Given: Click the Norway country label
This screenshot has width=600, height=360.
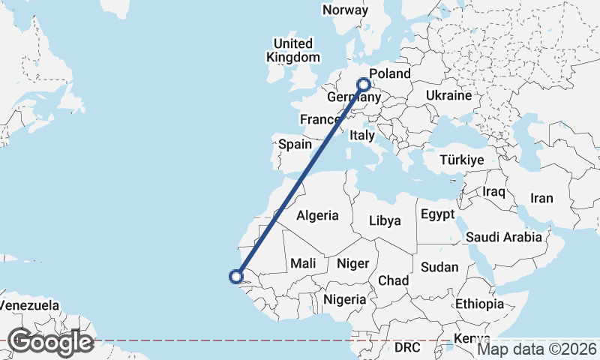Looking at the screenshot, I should (x=345, y=10).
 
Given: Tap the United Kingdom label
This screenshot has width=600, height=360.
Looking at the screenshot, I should (x=292, y=49).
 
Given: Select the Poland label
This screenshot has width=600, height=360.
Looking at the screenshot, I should (x=390, y=73).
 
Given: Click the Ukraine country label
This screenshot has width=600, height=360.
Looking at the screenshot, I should (x=448, y=96).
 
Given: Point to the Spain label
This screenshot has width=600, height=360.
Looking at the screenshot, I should (x=294, y=144).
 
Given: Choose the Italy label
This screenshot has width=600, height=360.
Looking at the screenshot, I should (x=362, y=136).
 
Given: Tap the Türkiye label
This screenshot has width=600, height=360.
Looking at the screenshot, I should (x=462, y=160).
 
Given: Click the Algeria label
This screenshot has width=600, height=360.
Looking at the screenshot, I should (x=317, y=216).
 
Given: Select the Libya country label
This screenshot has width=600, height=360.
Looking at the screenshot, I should (x=385, y=221).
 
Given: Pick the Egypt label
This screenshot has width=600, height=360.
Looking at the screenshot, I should (x=437, y=214).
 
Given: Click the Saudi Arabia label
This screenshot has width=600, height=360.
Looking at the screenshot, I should (x=503, y=238).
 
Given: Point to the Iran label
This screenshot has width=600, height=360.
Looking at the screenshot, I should (x=541, y=199).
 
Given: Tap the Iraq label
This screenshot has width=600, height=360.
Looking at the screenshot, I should (x=495, y=192).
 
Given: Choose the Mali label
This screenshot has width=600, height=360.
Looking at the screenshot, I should (x=303, y=263).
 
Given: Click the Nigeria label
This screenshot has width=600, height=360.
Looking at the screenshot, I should (x=346, y=299).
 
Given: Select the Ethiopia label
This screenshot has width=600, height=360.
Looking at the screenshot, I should (x=479, y=304).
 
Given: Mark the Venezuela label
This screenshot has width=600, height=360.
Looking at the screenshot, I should (x=29, y=306).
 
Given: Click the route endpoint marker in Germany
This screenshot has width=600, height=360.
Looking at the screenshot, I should (x=364, y=84).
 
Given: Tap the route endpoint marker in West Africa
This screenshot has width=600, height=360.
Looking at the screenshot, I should (x=236, y=277).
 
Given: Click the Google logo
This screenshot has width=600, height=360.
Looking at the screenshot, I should (x=50, y=342).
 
